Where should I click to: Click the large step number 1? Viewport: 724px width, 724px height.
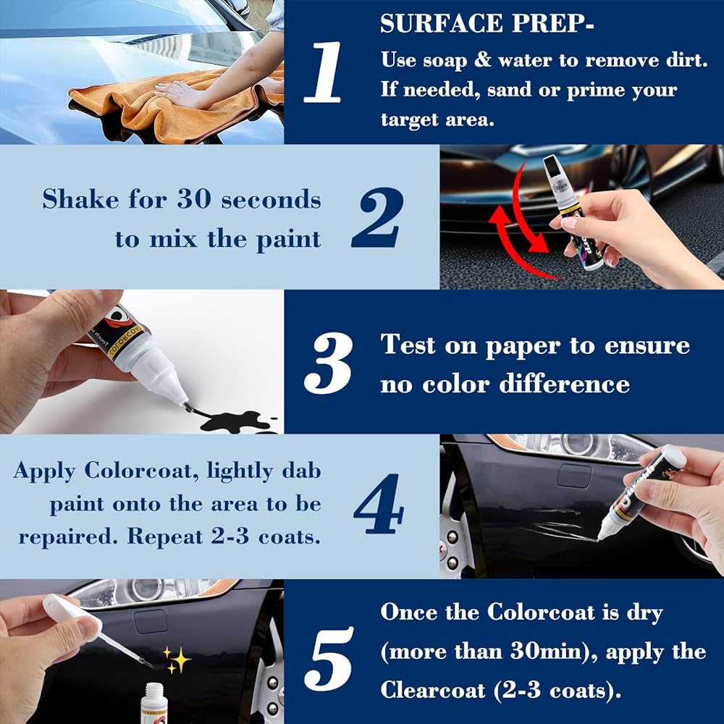pyautogui.click(x=323, y=72)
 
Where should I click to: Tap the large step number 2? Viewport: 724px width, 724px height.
pyautogui.click(x=377, y=217)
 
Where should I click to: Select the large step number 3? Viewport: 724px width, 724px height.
pyautogui.click(x=328, y=363)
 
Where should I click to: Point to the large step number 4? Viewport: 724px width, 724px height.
pyautogui.click(x=379, y=503)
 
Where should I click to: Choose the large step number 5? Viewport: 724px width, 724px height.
pyautogui.click(x=329, y=659)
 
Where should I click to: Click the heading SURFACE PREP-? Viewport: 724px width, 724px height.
pyautogui.click(x=487, y=23)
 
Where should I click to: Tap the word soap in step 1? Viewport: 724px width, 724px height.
pyautogui.click(x=442, y=61)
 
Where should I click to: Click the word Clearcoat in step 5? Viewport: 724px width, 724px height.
pyautogui.click(x=433, y=690)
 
